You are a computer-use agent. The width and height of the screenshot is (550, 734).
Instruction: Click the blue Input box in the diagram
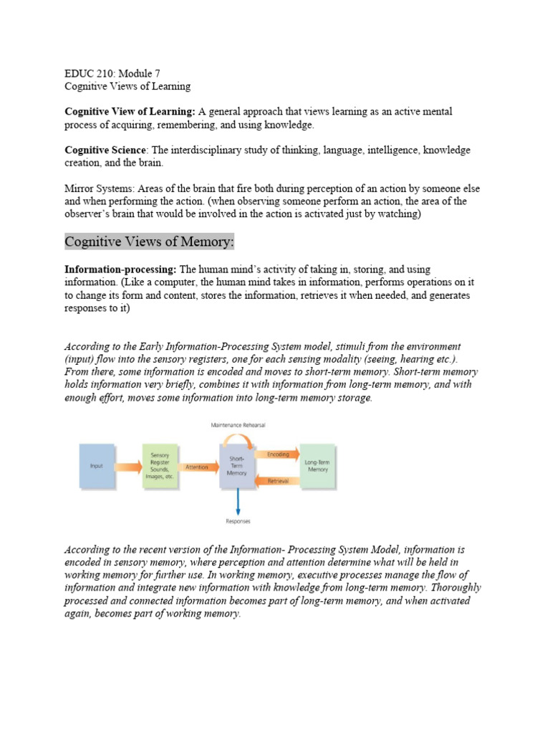coord(97,466)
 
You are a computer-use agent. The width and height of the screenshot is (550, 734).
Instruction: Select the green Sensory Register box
coord(160,466)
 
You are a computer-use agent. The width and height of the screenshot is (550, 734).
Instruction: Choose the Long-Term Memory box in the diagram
coord(317,466)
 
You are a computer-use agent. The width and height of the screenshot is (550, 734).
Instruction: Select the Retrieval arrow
coord(276,481)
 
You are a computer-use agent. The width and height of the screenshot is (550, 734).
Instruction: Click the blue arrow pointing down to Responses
coord(238,501)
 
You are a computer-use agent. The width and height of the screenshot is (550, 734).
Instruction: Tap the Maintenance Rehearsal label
coord(238,425)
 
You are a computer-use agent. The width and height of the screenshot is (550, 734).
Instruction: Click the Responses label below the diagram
coord(238,521)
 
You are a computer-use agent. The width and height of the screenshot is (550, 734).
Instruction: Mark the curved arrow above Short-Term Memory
coord(238,435)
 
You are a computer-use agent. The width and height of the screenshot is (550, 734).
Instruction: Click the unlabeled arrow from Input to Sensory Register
coord(128,467)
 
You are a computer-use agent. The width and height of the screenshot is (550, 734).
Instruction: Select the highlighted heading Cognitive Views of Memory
coord(149,242)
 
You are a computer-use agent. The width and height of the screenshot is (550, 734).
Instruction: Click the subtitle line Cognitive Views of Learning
coord(127,86)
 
